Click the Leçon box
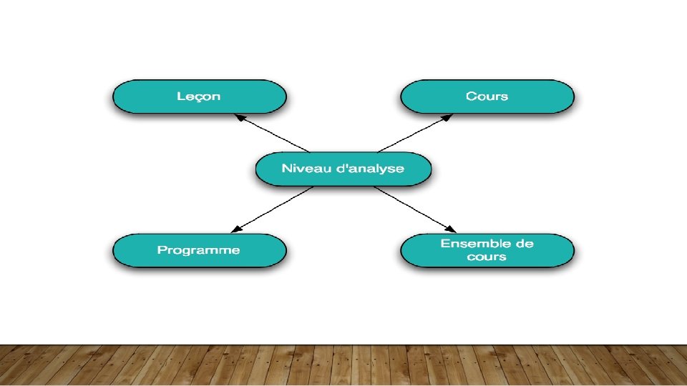(199, 96)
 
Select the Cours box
(487, 96)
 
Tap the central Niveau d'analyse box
(343, 169)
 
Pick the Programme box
(199, 251)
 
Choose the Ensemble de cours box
(487, 251)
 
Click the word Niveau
(302, 169)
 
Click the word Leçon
(199, 96)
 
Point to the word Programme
(199, 251)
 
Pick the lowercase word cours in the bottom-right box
(487, 257)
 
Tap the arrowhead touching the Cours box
(449, 115)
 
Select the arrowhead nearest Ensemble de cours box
(451, 229)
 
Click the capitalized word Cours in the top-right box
(487, 96)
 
